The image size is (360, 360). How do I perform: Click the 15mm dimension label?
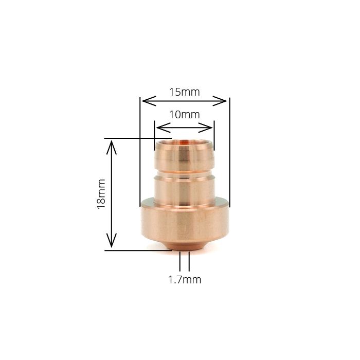[185, 92]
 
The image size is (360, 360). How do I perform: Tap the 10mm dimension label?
[185, 114]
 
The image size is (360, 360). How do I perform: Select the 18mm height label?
[101, 193]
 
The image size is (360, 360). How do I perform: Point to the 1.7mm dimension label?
[185, 280]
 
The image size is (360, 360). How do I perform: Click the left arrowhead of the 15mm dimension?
[146, 101]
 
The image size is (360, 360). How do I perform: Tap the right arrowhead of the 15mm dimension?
[224, 101]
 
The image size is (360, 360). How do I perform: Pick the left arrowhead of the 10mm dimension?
[159, 127]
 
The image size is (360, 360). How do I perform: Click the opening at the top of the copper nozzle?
[185, 140]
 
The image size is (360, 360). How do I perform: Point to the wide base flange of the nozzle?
[185, 224]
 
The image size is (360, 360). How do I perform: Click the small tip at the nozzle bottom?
[185, 248]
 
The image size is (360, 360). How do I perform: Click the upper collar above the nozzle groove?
[185, 156]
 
